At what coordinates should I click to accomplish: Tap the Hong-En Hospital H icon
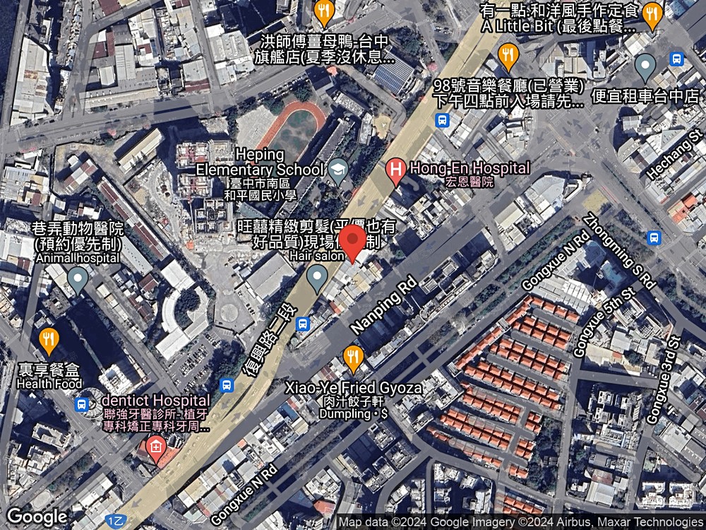pyautogui.click(x=396, y=169)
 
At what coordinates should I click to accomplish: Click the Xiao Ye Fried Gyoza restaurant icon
pyautogui.click(x=353, y=358)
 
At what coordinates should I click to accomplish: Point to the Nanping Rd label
pyautogui.click(x=384, y=303)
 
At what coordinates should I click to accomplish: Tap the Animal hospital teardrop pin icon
pyautogui.click(x=78, y=278)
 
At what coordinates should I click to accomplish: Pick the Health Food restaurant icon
pyautogui.click(x=48, y=340)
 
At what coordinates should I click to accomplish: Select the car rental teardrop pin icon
pyautogui.click(x=645, y=67)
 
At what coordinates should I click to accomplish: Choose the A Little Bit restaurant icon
pyautogui.click(x=652, y=12)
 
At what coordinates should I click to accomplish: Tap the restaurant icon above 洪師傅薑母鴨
pyautogui.click(x=323, y=11)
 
